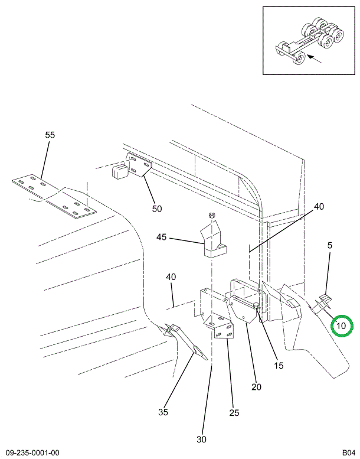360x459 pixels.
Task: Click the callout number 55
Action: (50, 135)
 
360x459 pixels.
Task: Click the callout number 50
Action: (157, 209)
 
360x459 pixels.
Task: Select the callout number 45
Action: (161, 237)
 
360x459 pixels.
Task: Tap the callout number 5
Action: (330, 245)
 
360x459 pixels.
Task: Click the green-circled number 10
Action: (342, 325)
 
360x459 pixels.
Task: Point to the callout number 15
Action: (279, 366)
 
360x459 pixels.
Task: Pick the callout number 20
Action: (256, 388)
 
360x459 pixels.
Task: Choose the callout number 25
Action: (234, 413)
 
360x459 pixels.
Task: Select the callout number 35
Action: (163, 412)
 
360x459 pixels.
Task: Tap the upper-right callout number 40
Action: (319, 207)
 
